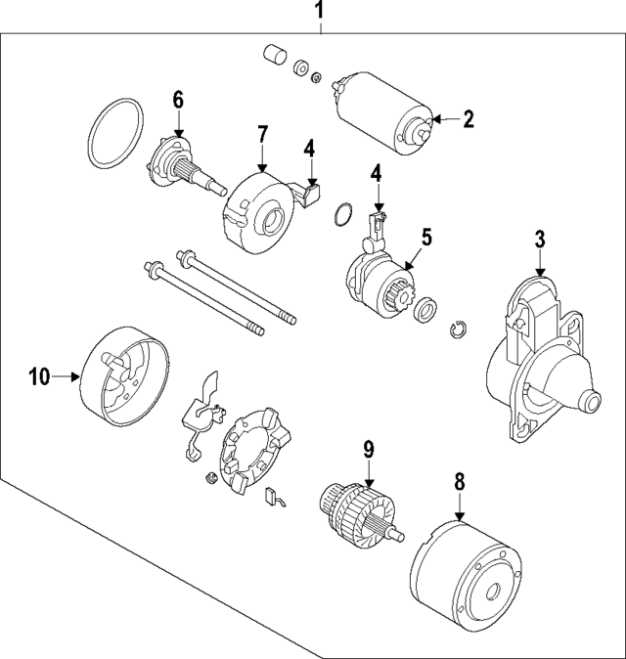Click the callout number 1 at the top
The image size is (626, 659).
319,12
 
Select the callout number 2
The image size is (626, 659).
468,119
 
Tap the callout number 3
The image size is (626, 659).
539,238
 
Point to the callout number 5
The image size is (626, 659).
426,236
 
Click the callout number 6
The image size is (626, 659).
178,99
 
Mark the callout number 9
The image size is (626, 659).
369,449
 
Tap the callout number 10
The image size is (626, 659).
38,373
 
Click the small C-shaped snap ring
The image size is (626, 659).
459,331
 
